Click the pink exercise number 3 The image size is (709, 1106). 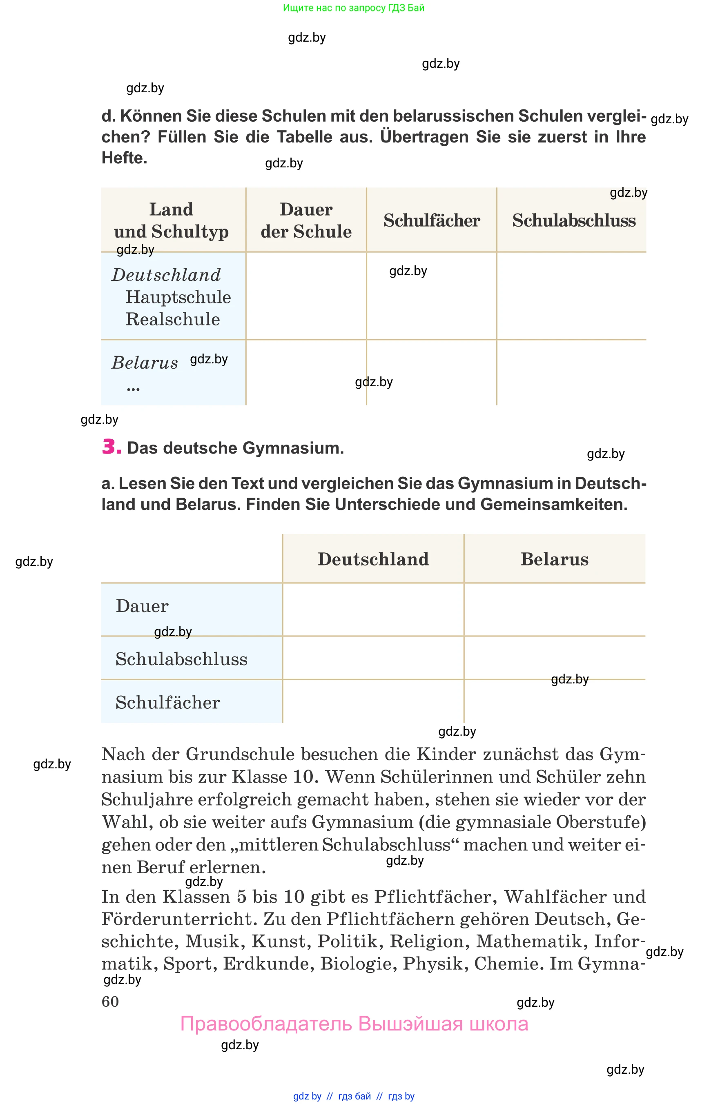coord(111,447)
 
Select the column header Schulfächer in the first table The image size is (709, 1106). coord(431,220)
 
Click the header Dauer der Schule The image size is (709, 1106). coord(306,220)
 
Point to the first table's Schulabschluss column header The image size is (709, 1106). coord(574,220)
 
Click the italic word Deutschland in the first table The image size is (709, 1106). coord(166,275)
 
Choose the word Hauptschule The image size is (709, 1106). coord(178,297)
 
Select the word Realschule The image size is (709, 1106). coord(173,319)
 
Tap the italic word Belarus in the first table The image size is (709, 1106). coord(145,363)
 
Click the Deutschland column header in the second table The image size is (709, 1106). coord(373,559)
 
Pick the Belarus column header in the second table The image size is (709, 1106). coord(554,559)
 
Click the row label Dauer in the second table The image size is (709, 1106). coord(142,606)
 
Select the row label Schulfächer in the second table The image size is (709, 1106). coord(167,703)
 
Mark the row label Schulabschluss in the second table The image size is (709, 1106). coord(181,659)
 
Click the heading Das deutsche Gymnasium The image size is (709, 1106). coord(235,448)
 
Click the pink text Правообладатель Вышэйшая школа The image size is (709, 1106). coord(354,1024)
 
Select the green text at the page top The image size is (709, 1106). coord(354,8)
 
